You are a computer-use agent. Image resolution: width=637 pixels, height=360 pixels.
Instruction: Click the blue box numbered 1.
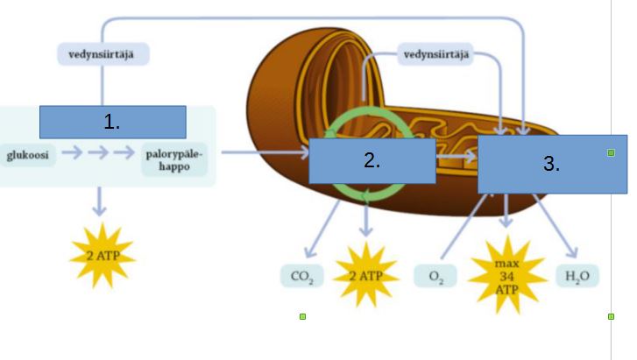pyautogui.click(x=112, y=122)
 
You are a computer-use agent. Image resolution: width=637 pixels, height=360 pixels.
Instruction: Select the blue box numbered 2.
pyautogui.click(x=372, y=160)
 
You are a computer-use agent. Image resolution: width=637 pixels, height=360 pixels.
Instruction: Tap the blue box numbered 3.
pyautogui.click(x=552, y=163)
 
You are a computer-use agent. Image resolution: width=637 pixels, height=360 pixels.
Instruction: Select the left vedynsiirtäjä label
pyautogui.click(x=103, y=54)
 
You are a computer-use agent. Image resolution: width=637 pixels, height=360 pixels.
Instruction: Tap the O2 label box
pyautogui.click(x=435, y=278)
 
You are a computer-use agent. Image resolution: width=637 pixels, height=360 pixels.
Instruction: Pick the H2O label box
pyautogui.click(x=578, y=278)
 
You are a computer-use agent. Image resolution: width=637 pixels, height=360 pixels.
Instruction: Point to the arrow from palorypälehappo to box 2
pyautogui.click(x=263, y=153)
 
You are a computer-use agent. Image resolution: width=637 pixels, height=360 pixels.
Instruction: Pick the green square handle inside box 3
pyautogui.click(x=611, y=152)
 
